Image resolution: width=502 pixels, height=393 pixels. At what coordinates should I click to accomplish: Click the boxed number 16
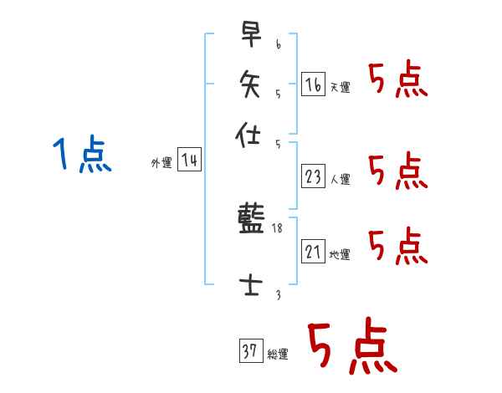(x=313, y=84)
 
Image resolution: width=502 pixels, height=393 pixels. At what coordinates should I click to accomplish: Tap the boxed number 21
(x=313, y=251)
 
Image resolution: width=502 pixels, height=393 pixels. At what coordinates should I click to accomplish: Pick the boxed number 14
(x=190, y=160)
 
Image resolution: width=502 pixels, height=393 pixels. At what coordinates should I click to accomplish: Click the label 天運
(x=341, y=87)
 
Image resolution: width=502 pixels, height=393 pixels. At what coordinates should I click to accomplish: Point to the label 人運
(x=341, y=178)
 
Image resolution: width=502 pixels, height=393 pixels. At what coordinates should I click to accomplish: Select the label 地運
(x=341, y=254)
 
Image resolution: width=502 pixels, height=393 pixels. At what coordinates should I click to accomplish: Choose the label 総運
(x=278, y=355)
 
